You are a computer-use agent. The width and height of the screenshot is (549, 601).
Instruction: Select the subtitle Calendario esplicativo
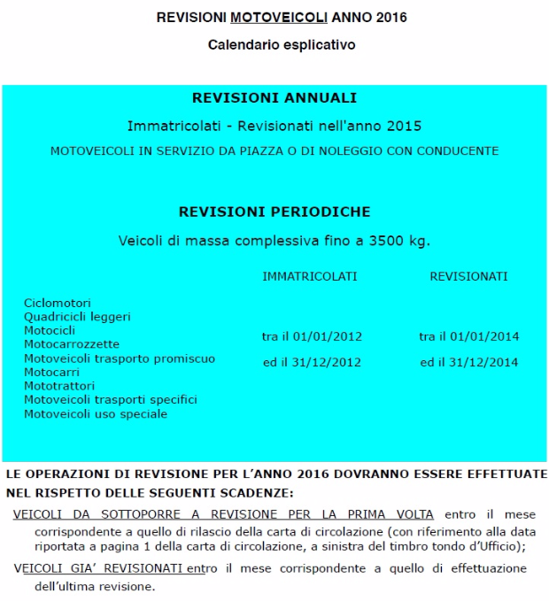274,43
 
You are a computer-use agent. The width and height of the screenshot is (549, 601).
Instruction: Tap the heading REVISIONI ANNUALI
274,98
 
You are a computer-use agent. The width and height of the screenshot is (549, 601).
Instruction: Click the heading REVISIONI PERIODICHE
274,212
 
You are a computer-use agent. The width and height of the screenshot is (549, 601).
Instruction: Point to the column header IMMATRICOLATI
310,277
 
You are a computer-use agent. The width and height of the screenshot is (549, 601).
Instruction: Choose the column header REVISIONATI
468,277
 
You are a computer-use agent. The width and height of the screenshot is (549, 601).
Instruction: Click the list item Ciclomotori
58,303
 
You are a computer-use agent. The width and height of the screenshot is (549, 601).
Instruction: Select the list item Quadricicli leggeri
77,316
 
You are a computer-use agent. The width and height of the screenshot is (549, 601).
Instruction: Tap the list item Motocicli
50,330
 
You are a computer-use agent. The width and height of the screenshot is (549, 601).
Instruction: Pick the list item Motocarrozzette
72,343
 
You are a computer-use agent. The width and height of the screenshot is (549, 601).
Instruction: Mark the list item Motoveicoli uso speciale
96,413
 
